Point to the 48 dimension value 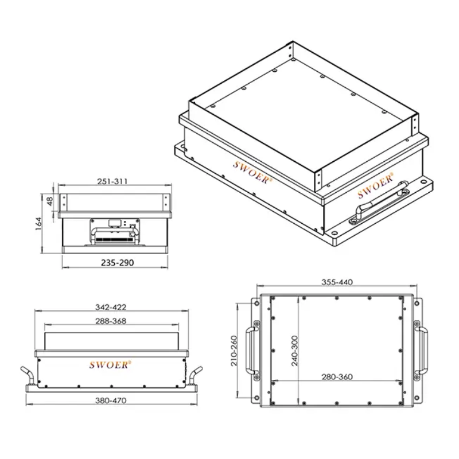(50, 201)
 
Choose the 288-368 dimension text (111, 321)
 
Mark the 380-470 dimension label (111, 400)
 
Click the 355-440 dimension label (337, 282)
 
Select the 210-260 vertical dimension (234, 351)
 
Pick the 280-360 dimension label (337, 377)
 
